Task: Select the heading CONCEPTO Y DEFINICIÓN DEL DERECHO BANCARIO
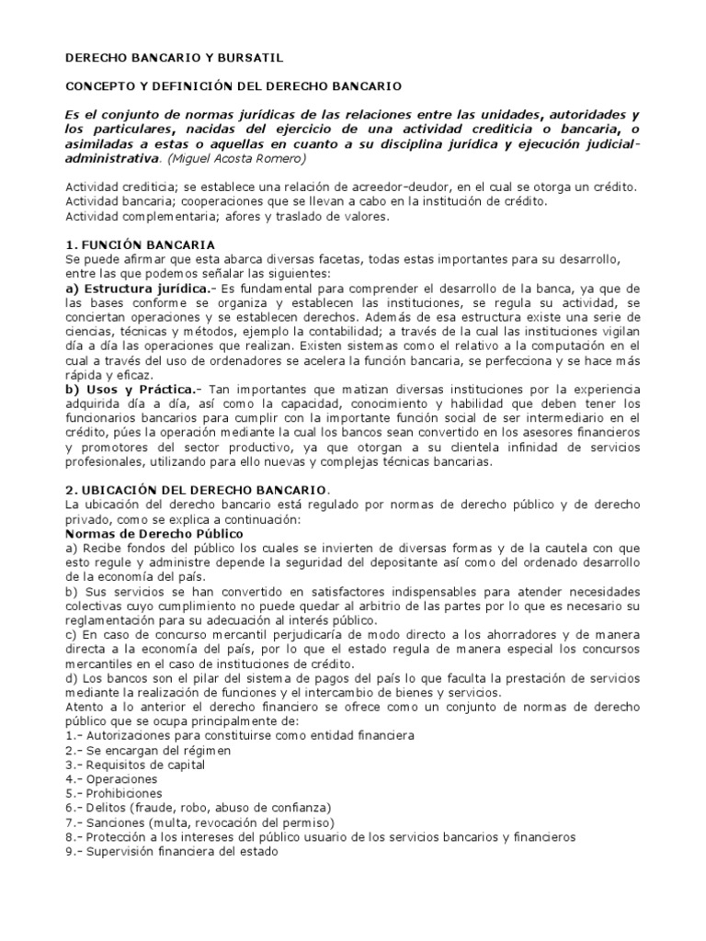[x=233, y=85]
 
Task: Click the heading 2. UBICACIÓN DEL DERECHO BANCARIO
[x=198, y=491]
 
